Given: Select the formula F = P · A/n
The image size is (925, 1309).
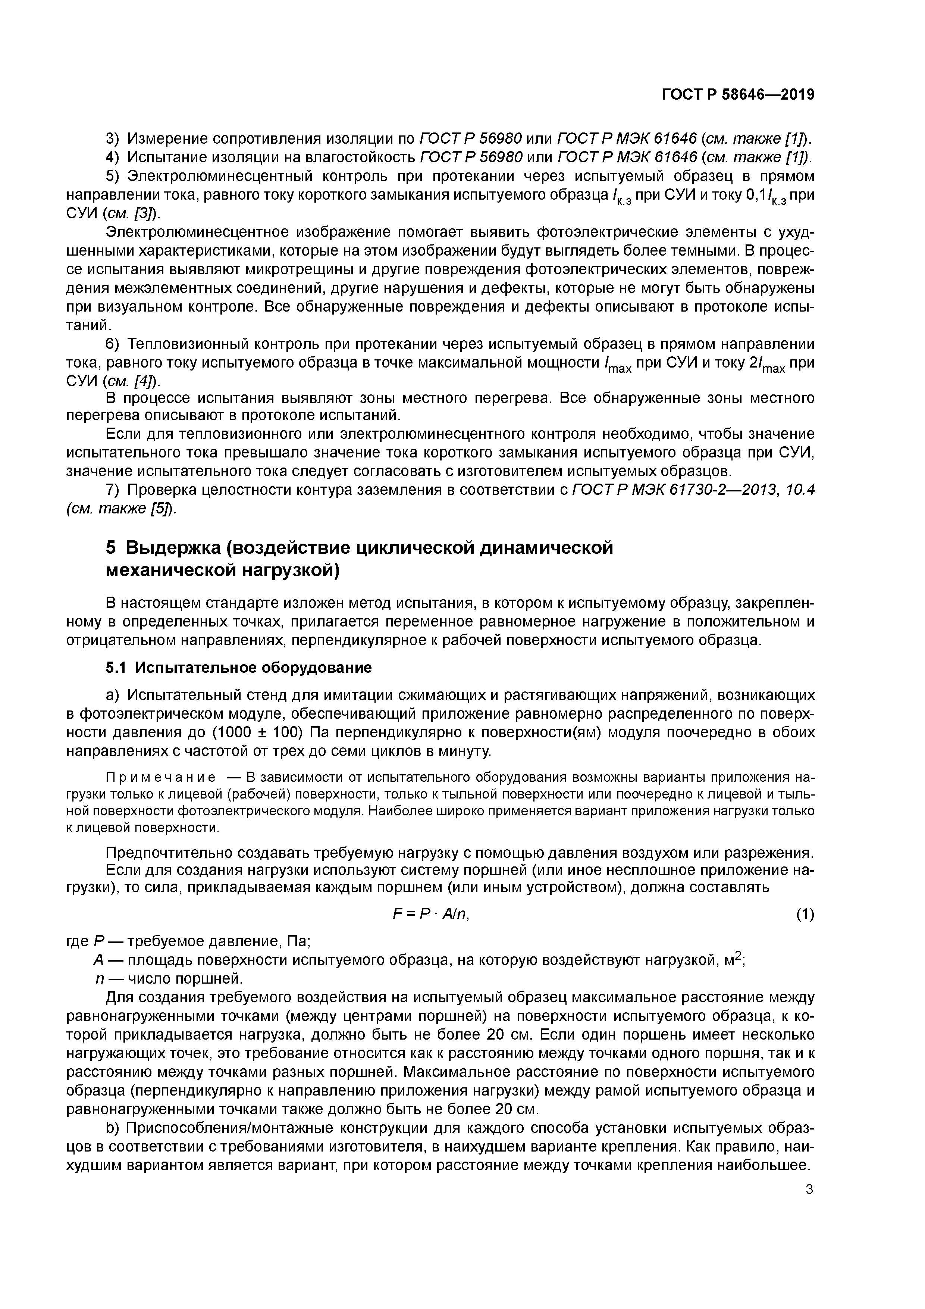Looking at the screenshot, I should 431,914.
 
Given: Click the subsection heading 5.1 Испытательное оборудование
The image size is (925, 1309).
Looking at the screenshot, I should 239,667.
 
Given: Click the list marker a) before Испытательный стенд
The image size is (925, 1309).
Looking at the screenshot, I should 113,695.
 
